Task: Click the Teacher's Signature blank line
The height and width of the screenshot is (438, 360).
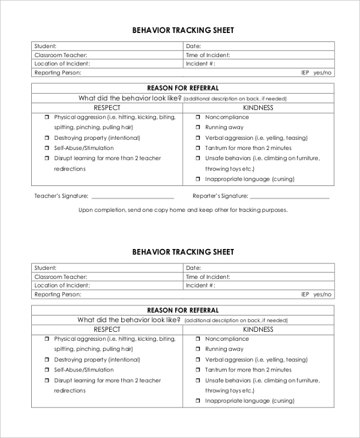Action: (133, 197)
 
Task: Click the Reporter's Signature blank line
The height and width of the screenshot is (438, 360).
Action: (289, 197)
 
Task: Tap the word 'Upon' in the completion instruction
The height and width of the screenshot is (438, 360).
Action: (86, 210)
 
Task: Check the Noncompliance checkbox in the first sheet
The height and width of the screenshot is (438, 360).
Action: (197, 118)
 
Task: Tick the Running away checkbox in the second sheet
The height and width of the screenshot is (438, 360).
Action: (197, 349)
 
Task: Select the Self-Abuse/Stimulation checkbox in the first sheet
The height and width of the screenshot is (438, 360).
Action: (46, 148)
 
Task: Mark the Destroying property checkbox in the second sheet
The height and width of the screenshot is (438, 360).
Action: (46, 360)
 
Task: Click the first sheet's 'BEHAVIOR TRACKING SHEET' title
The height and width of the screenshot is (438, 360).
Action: (183, 30)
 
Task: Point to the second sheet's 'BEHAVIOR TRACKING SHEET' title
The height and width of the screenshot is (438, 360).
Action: (183, 252)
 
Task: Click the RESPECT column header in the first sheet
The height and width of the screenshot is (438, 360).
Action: (107, 108)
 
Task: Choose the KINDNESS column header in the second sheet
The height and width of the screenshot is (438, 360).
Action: (258, 329)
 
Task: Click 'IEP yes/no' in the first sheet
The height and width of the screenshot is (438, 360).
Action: (316, 73)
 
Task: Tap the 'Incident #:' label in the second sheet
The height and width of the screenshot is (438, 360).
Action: (200, 286)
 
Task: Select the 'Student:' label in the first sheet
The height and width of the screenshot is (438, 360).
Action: (46, 46)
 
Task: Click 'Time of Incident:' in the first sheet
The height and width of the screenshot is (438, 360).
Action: (208, 55)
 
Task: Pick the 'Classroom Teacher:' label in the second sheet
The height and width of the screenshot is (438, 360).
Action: (61, 277)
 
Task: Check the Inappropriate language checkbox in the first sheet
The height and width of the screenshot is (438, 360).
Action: (197, 179)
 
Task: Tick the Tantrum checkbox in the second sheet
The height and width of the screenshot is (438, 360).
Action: (197, 370)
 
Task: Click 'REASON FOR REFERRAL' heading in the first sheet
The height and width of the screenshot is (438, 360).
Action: (183, 88)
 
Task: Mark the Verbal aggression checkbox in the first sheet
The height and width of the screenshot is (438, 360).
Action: (197, 138)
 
